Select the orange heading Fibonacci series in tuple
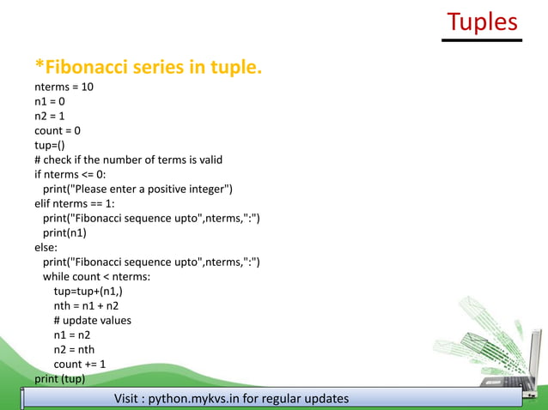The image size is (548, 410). [x=148, y=66]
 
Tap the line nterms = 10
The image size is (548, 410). [x=64, y=87]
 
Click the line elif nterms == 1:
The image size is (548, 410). [x=78, y=203]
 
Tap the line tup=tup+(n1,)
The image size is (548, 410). [x=94, y=291]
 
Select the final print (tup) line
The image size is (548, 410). [x=59, y=378]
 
